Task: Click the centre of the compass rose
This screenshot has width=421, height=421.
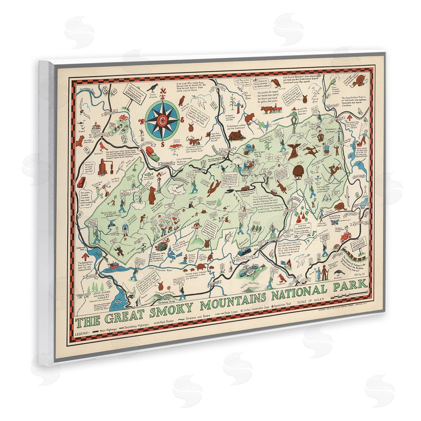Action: click(161, 121)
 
